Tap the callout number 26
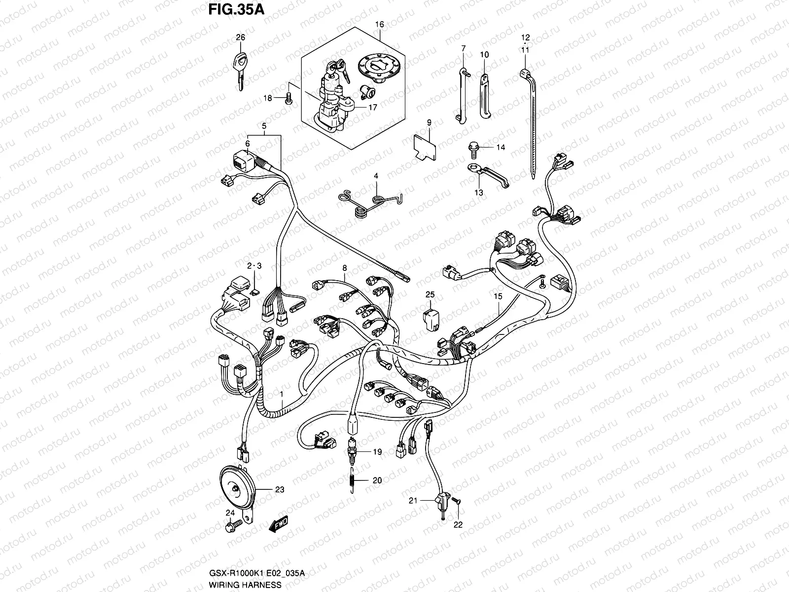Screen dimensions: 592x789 [x=240, y=37]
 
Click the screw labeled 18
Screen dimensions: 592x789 [x=290, y=99]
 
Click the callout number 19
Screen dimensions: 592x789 [x=377, y=451]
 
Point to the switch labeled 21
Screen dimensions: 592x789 [x=441, y=502]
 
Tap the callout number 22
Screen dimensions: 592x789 [x=458, y=525]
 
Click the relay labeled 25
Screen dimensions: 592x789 [x=430, y=319]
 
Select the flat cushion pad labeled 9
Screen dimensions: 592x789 [x=425, y=146]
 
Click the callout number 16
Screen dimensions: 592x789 [x=379, y=23]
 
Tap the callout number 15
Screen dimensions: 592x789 [x=498, y=296]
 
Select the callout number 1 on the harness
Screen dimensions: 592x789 [x=282, y=395]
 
